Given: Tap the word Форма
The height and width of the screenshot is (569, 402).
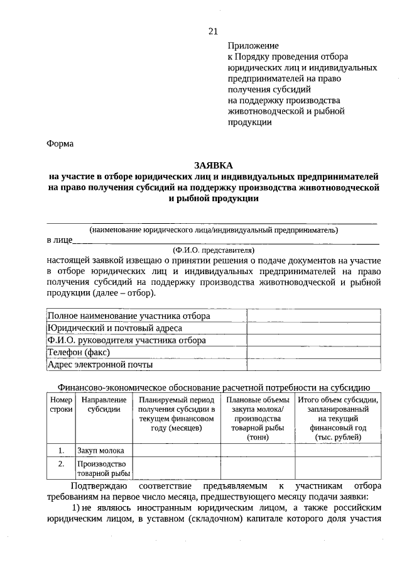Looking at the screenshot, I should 60,143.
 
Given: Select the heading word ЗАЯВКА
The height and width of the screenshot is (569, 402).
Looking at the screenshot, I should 213,165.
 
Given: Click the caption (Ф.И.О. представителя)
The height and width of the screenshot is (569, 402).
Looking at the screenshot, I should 213,250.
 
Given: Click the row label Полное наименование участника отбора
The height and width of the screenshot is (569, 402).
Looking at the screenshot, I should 129,316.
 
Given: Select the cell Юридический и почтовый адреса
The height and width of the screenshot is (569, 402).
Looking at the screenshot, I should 115,328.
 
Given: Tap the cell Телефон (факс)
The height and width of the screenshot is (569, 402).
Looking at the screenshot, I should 79,352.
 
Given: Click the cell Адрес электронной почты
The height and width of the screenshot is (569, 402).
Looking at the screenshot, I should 100,364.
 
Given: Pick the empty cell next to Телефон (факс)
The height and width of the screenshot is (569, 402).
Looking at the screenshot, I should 312,352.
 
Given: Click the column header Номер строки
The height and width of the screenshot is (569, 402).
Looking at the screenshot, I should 61,405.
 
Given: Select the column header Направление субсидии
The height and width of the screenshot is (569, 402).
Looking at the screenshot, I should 104,405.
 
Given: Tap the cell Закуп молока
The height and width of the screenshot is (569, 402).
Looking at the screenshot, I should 100,450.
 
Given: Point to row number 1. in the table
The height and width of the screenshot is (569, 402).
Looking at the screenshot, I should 61,450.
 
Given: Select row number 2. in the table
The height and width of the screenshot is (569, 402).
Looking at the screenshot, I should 61,464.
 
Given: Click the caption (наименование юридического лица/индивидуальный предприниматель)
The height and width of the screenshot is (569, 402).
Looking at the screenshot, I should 213,230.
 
